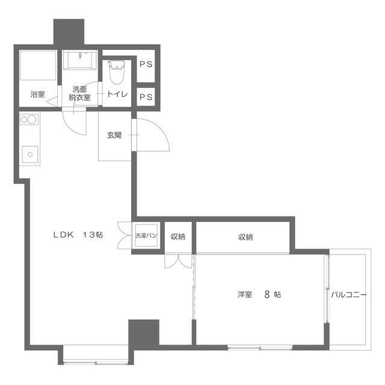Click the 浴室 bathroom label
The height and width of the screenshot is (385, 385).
pyautogui.click(x=37, y=94)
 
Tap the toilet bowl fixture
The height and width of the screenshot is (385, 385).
pyautogui.click(x=116, y=74)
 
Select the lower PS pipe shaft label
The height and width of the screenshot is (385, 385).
pyautogui.click(x=146, y=96)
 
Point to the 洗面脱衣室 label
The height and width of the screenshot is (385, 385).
pyautogui.click(x=79, y=93)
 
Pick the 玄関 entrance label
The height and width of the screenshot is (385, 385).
pyautogui.click(x=114, y=135)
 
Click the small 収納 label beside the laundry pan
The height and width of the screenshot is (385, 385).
pyautogui.click(x=177, y=237)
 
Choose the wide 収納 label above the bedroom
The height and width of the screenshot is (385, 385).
pyautogui.click(x=245, y=237)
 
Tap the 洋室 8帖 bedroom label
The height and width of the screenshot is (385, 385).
pyautogui.click(x=259, y=295)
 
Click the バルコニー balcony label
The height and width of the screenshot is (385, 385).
pyautogui.click(x=348, y=295)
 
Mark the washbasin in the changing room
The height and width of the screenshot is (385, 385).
pyautogui.click(x=79, y=61)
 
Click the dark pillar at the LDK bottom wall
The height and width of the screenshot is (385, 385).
pyautogui.click(x=143, y=332)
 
